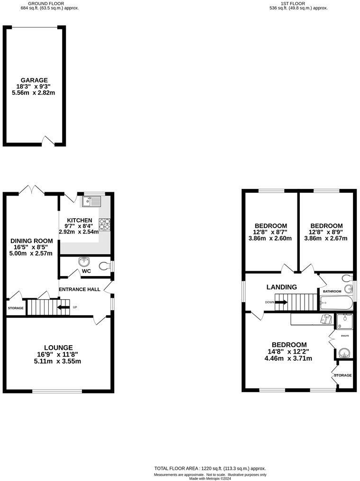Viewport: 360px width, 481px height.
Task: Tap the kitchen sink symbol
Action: [90, 202]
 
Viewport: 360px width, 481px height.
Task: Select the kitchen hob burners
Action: [104, 224]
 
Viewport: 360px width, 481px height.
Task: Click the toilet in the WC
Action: [104, 267]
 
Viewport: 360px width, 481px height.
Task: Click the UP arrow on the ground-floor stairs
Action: [63, 307]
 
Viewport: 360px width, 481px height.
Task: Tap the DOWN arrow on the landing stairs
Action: [280, 302]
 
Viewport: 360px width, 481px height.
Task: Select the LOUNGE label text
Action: [59, 347]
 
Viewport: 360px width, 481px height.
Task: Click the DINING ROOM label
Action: [32, 241]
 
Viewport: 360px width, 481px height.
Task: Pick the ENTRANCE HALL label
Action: [80, 289]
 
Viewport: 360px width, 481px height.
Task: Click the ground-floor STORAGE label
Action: [15, 308]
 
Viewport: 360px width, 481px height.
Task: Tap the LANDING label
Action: [281, 287]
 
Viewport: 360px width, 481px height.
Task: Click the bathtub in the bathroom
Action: [336, 303]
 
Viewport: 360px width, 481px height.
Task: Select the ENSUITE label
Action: [345, 336]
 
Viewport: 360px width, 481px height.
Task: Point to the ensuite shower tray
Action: [344, 321]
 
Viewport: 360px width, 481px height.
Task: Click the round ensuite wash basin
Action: [344, 353]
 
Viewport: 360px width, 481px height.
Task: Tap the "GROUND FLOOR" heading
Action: [49, 3]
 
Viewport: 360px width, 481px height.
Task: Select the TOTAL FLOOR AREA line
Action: [210, 468]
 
